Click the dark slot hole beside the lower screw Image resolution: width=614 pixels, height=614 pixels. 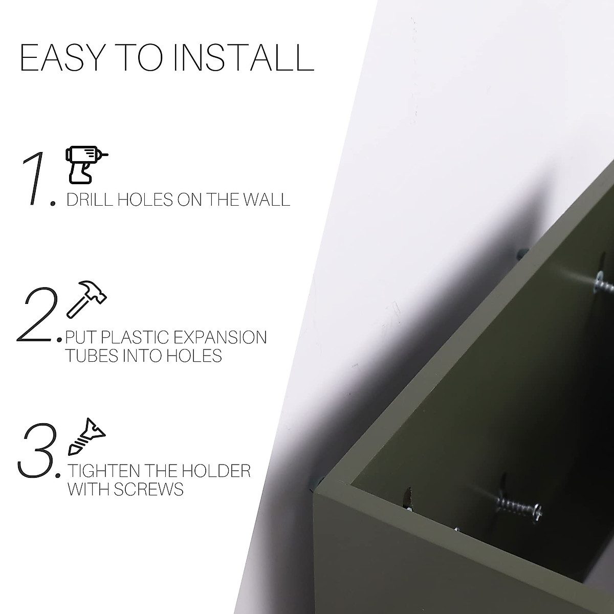(x=408, y=497)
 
